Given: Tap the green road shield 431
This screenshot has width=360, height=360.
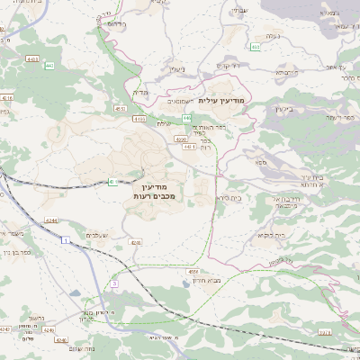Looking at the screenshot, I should click(x=112, y=182).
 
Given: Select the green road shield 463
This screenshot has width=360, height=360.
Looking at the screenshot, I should click(x=256, y=46).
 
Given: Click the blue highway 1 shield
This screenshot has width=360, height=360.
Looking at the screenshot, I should click(x=66, y=240).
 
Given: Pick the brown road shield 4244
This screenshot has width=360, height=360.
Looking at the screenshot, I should click(x=51, y=220).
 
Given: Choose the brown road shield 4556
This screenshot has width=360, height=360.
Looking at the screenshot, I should click(x=193, y=270).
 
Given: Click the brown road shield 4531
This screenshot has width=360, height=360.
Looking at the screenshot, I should click(x=119, y=108).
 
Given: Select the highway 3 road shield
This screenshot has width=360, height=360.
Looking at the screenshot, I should click(x=114, y=283).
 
